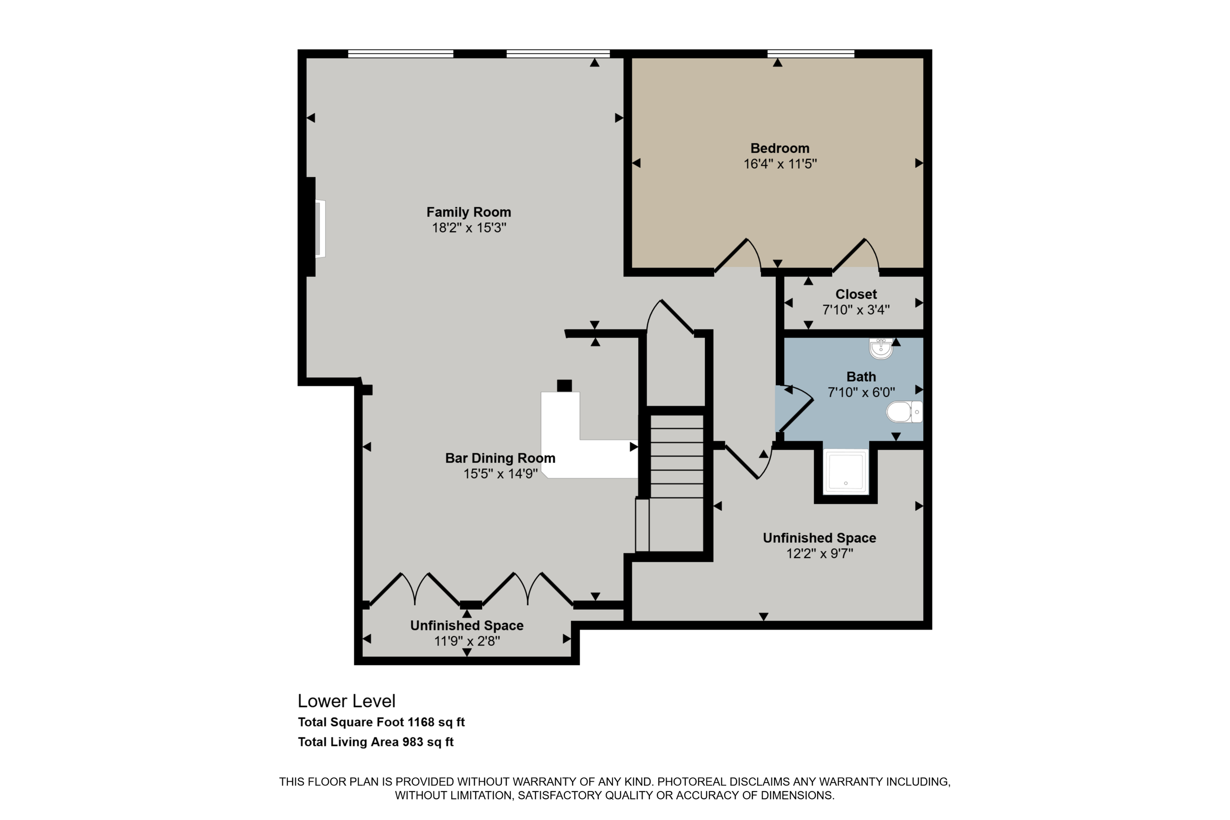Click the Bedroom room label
[780, 149]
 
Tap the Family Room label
[468, 213]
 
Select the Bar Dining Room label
[500, 458]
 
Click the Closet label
[856, 295]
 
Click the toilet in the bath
[904, 412]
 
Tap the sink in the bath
[881, 348]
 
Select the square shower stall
[846, 472]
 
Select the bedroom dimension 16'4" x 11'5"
[780, 164]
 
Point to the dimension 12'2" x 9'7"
[820, 554]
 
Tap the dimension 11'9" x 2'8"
[467, 641]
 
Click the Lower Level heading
[346, 701]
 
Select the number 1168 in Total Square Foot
[421, 722]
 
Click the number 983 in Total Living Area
[412, 742]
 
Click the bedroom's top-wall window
[811, 53]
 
